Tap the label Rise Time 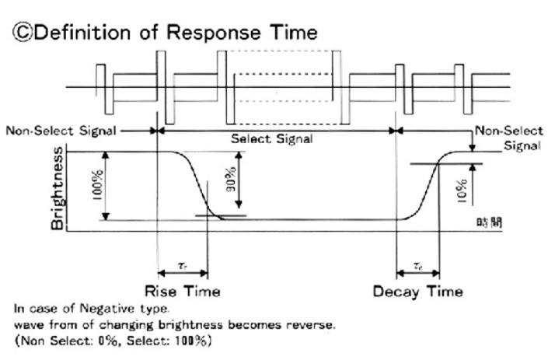pyautogui.click(x=183, y=292)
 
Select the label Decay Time pyautogui.click(x=418, y=292)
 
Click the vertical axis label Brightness pyautogui.click(x=58, y=187)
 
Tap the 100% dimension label pyautogui.click(x=96, y=185)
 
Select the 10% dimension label pyautogui.click(x=462, y=188)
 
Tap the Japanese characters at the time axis pyautogui.click(x=488, y=222)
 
